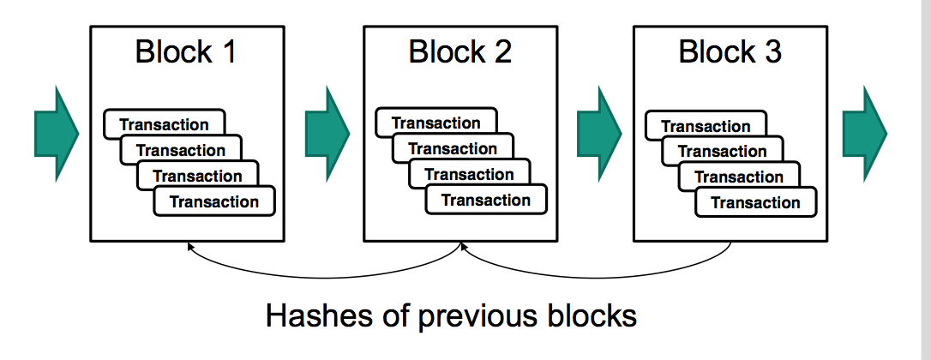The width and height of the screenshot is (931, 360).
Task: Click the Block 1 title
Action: (x=185, y=52)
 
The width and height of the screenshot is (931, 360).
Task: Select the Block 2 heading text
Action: (x=459, y=52)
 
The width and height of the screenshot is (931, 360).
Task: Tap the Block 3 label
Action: (x=730, y=52)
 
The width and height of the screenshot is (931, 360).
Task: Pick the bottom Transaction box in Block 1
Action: (x=214, y=202)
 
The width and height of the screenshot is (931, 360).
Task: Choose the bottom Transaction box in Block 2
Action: (x=486, y=201)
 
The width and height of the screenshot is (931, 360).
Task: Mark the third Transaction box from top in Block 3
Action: (x=739, y=177)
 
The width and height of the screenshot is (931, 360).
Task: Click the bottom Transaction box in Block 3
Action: (x=755, y=203)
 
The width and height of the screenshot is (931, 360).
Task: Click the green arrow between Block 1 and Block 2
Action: (x=327, y=133)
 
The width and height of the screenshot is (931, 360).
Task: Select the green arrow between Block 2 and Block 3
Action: (x=598, y=133)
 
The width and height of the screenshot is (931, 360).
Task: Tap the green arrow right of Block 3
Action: (x=862, y=133)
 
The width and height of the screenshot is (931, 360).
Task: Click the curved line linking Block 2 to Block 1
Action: (x=326, y=277)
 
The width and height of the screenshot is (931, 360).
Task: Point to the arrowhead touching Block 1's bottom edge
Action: (x=191, y=247)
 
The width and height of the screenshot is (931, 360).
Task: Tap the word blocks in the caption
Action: (x=591, y=316)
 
